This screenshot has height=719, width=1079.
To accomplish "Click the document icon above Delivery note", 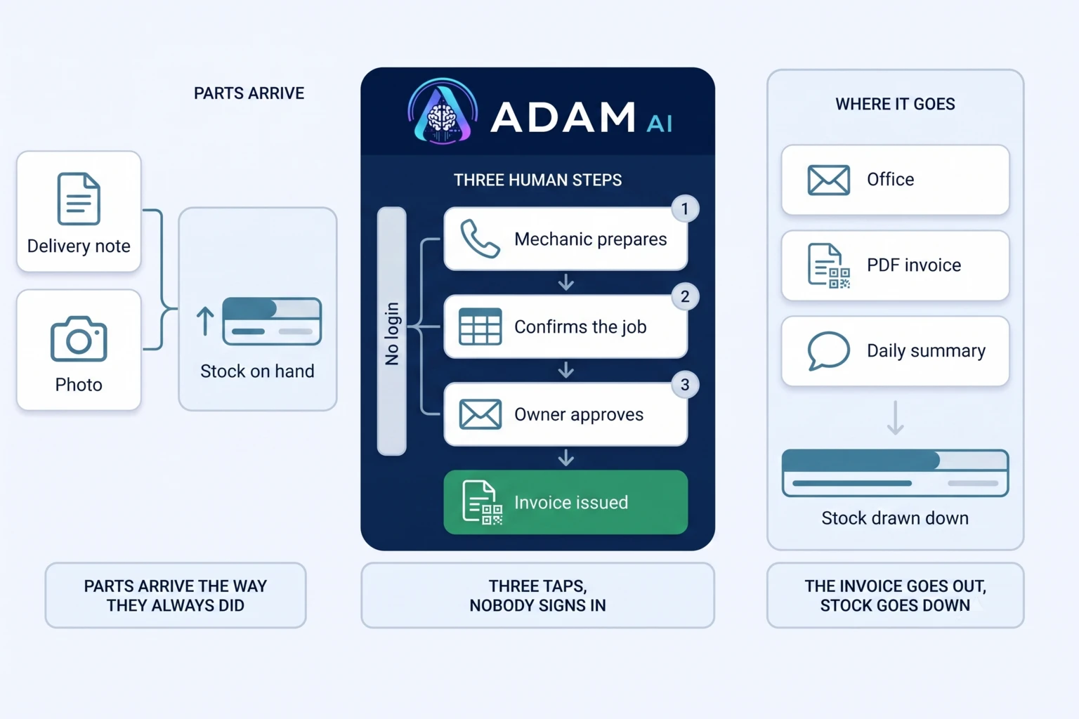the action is pos(79,199).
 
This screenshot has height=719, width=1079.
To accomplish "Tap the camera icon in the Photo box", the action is pos(79,338).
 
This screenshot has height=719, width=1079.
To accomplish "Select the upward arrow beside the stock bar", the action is pos(205,321).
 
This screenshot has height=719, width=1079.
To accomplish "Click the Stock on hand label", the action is pos(257,371).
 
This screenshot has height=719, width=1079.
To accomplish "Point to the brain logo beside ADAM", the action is pos(443,112).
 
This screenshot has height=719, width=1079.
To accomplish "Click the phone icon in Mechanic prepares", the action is pos(480,239).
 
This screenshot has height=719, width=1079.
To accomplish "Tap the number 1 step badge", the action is pos(685,209).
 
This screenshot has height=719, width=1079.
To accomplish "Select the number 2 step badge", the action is pos(685,296).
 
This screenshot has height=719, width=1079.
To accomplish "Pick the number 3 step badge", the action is pos(685,385).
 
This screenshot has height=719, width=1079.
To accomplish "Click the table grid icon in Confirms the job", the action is pos(480,326).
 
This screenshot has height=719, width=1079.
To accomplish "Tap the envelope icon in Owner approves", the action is pos(480,414).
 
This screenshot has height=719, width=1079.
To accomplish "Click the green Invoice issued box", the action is pos(565,502).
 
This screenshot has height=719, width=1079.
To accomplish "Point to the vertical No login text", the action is pos(392,334).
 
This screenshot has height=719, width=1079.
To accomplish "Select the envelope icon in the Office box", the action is pos(828,180).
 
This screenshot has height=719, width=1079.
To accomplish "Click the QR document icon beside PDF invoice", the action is pos(828,265).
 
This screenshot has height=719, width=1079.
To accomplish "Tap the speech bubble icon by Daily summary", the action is pos(828,350).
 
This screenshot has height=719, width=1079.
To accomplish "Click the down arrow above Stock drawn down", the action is pos(896,418).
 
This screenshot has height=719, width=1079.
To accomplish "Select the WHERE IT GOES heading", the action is pos(895,104).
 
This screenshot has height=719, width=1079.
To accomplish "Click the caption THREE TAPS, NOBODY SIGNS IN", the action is pos(537,595).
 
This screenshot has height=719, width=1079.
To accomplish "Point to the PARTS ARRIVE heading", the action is pos(249,93).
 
